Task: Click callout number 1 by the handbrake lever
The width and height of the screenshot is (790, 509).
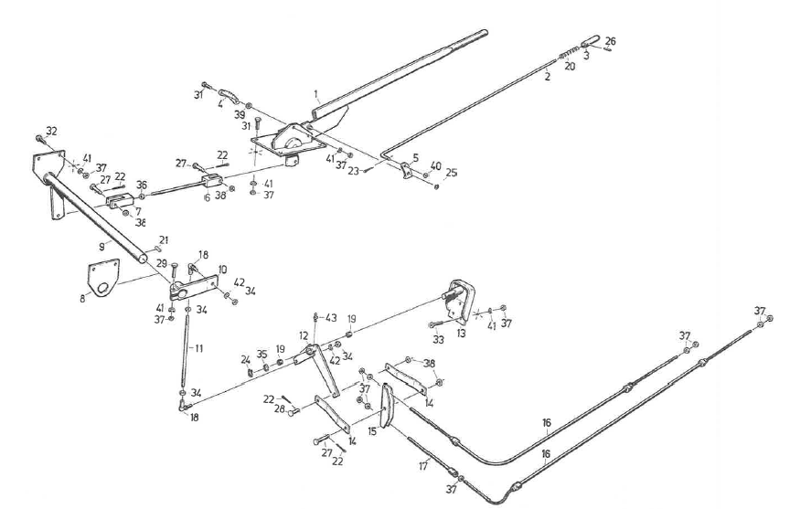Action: click(x=316, y=93)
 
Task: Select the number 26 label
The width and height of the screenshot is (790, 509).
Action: click(x=611, y=41)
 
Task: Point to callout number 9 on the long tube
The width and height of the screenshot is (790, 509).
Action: click(x=103, y=246)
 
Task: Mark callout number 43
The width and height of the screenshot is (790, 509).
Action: click(x=331, y=317)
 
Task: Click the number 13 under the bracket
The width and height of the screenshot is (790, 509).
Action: click(x=461, y=334)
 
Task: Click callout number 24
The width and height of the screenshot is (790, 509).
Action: click(x=245, y=359)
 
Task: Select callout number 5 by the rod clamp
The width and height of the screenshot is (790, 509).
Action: click(x=416, y=157)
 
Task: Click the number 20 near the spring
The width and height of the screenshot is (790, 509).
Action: click(x=570, y=67)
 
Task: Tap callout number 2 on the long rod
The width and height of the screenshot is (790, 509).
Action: click(x=547, y=77)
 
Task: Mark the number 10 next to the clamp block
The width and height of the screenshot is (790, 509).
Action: click(x=221, y=270)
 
